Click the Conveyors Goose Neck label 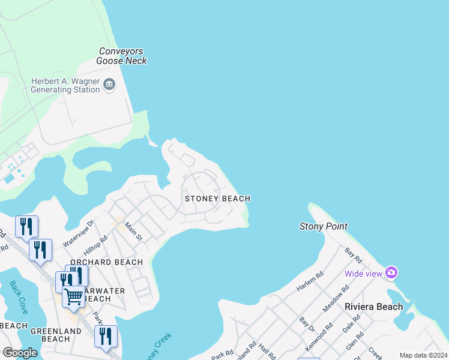tap(121, 56)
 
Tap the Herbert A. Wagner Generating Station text tap(65, 85)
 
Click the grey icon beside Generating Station tap(109, 85)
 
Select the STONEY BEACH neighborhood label tap(217, 199)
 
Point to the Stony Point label tap(324, 226)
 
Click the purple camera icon tap(391, 273)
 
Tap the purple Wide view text tap(363, 274)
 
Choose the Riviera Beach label tap(373, 307)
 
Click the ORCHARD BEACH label tap(106, 262)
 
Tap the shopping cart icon tap(73, 296)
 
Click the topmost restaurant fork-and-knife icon tap(26, 226)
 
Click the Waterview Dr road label tap(79, 230)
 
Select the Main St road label tap(133, 232)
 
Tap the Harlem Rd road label tap(311, 281)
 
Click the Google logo tap(20, 353)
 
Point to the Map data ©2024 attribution tap(423, 355)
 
